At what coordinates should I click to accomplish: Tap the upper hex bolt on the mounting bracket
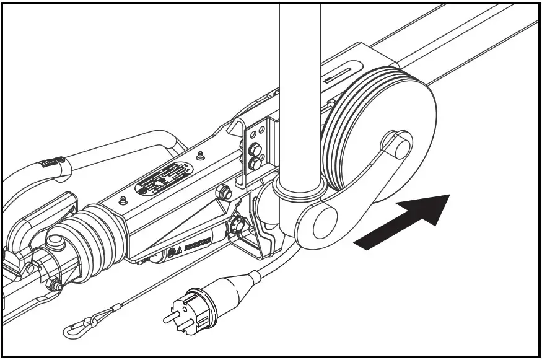pyautogui.click(x=253, y=150)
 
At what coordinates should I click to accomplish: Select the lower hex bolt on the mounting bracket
pyautogui.click(x=254, y=164)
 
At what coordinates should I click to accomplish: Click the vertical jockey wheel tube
pyautogui.click(x=300, y=93)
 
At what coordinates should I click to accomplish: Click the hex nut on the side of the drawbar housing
pyautogui.click(x=226, y=194)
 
